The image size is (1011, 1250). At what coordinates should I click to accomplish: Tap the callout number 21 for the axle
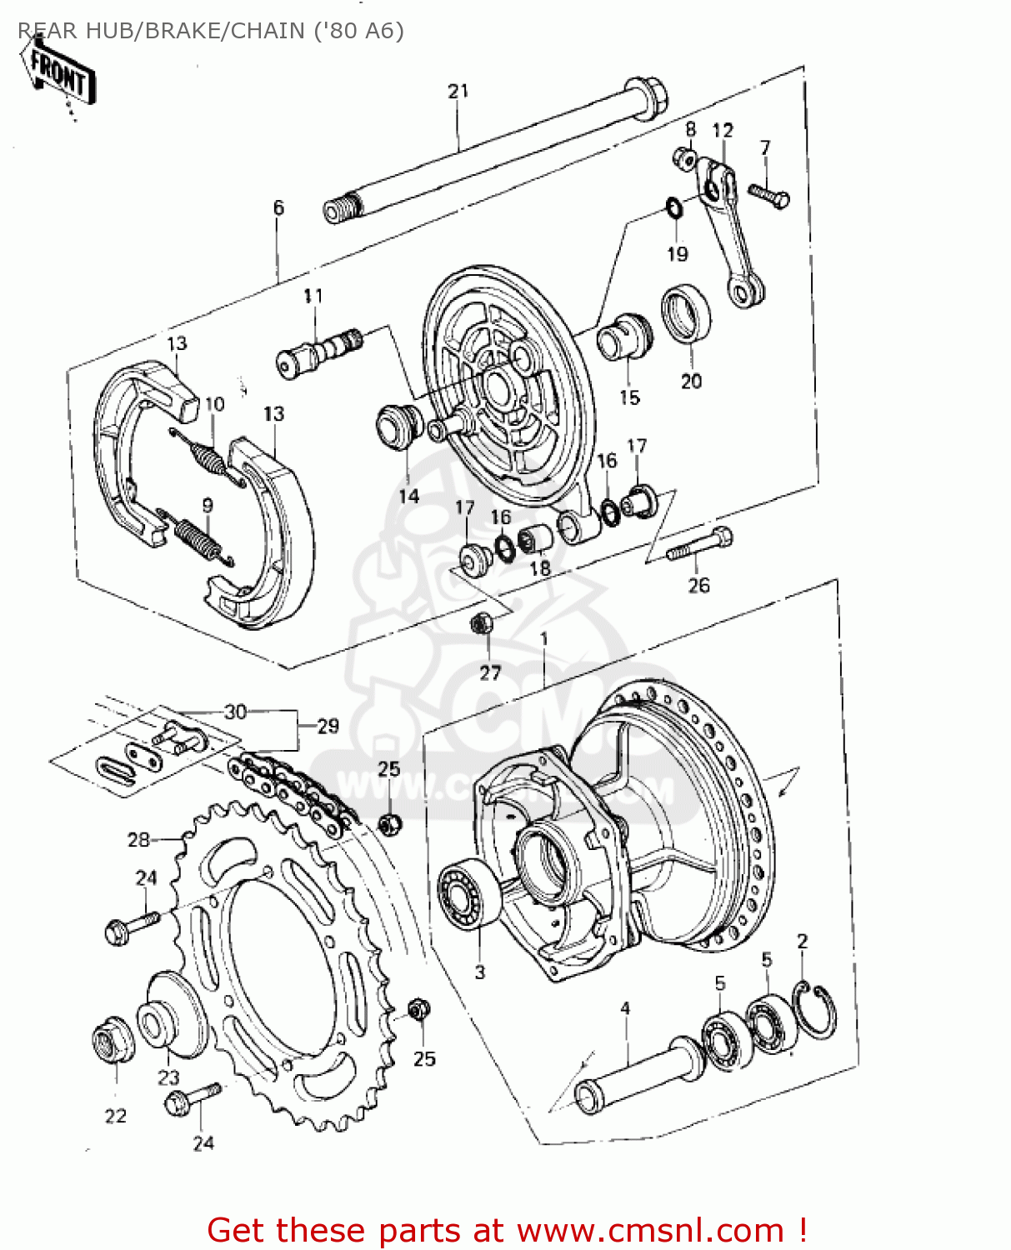coord(458,91)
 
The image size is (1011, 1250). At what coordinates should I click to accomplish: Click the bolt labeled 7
coord(769,195)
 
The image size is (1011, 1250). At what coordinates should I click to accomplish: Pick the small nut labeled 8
coord(686,157)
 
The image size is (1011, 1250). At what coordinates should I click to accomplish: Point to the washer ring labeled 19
coord(674,207)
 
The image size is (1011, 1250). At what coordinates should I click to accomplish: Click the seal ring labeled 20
coord(687,314)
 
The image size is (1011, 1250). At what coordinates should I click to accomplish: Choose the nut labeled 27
coord(482,623)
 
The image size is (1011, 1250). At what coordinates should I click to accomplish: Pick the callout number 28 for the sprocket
coord(138,839)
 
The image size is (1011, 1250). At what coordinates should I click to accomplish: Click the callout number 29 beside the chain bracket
coord(328,726)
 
